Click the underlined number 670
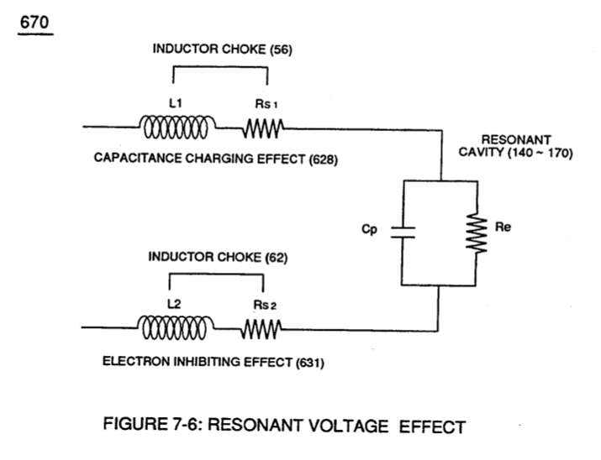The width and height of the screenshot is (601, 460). click(x=34, y=22)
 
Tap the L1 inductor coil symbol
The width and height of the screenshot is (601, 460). click(x=177, y=127)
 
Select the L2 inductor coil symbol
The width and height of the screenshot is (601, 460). click(x=175, y=327)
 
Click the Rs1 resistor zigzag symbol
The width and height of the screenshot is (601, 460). click(x=263, y=128)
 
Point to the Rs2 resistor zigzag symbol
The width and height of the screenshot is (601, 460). click(x=261, y=329)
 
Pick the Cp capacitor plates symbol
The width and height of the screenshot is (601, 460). click(x=403, y=233)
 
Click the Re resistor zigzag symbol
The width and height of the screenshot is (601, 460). click(x=477, y=233)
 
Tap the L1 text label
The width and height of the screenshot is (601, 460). click(x=176, y=103)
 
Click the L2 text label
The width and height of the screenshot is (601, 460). click(x=174, y=304)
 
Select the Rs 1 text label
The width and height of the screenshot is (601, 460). click(x=266, y=104)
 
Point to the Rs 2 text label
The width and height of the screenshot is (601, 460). click(x=265, y=305)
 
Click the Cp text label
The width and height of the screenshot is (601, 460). click(x=370, y=230)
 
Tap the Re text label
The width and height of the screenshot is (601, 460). click(x=503, y=227)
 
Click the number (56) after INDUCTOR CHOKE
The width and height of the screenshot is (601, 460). click(x=281, y=50)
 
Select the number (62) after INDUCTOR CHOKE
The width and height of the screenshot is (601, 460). click(x=277, y=258)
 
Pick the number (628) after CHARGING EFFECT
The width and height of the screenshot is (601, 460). click(x=324, y=159)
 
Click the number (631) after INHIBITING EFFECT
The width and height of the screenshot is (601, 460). click(x=310, y=363)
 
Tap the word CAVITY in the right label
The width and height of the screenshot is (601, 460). click(x=481, y=152)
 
